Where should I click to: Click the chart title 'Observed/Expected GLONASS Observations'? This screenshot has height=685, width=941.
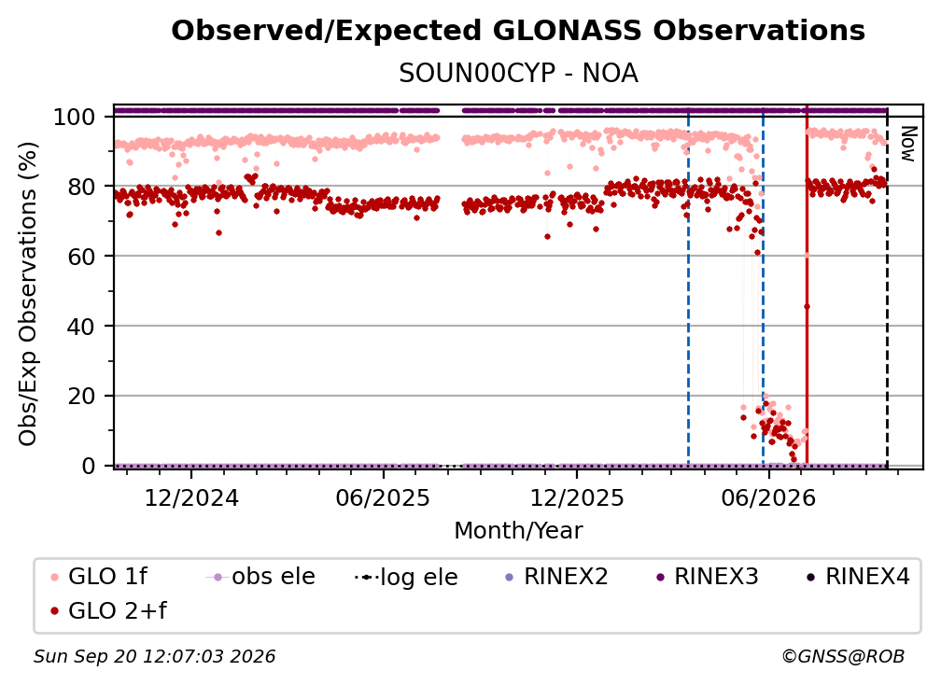point(518,31)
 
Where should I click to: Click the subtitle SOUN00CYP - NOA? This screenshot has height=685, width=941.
point(518,74)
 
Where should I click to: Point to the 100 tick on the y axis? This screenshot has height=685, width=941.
point(74,117)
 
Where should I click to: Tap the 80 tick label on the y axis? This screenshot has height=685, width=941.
point(81,187)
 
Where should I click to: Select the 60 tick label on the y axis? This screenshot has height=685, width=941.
point(81,256)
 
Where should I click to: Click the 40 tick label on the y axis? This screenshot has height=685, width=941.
point(81,327)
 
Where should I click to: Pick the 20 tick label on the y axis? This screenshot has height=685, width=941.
point(81,396)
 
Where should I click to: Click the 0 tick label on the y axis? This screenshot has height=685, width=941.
point(88,466)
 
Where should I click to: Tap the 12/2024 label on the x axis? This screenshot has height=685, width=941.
point(191,497)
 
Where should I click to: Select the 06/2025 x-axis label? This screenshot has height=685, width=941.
point(383,497)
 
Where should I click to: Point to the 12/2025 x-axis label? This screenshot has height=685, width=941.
point(577,497)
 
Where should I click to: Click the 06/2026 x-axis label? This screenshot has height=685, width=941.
point(768,497)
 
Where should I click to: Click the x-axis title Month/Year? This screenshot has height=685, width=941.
point(518,530)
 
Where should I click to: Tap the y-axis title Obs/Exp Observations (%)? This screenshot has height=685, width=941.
point(28,293)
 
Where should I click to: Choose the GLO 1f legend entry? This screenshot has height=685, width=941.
point(99,577)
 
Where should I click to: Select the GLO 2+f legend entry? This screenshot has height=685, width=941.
point(108,610)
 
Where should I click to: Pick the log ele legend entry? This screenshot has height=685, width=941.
point(406,577)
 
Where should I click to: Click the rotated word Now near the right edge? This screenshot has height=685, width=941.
point(907,144)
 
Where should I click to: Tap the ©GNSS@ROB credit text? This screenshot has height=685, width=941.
point(843,656)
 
